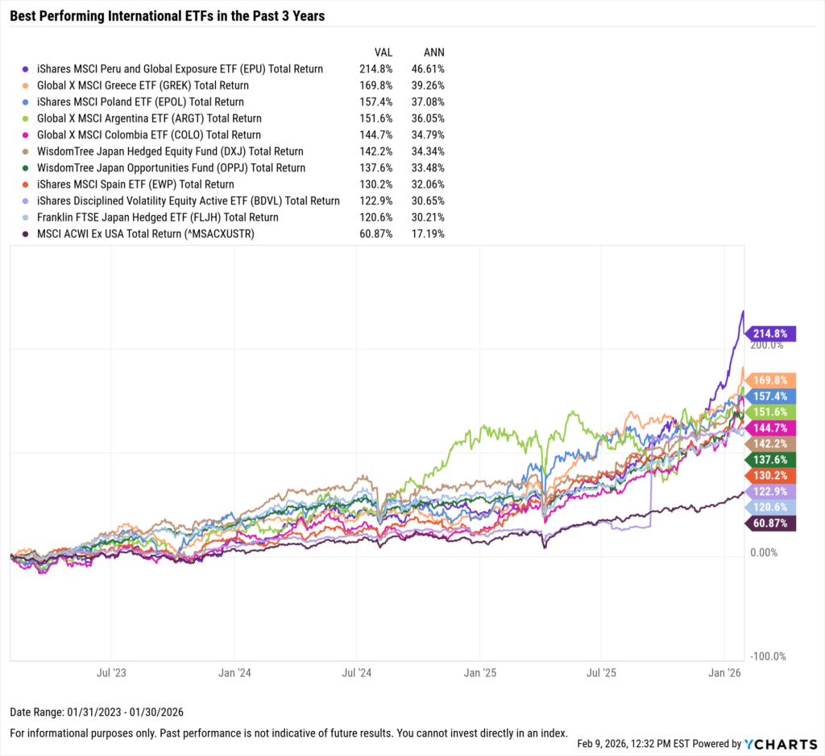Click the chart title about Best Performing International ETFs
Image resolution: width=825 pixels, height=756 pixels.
pyautogui.click(x=167, y=15)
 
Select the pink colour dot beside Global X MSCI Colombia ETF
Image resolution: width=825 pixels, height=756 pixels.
pyautogui.click(x=28, y=135)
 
